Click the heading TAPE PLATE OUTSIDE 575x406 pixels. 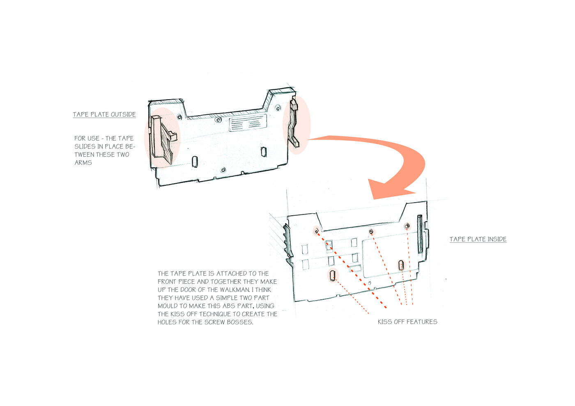coord(104,114)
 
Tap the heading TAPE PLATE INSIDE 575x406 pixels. coord(478,239)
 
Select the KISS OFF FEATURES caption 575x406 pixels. coord(407,322)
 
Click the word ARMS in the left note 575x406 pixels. coord(83,162)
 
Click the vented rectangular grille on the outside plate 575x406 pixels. coord(248,123)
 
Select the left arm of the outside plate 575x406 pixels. coord(163,140)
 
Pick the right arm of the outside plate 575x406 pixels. coord(293,123)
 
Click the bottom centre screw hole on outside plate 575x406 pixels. coord(223,170)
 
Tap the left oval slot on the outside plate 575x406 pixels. coord(195,162)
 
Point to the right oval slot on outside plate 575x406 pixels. coord(264,151)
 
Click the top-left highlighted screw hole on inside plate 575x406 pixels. coord(317,231)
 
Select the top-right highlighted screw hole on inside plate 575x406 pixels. coord(407,226)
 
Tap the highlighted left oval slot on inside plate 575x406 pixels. coord(333,275)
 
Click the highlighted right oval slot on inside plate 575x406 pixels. coord(401,265)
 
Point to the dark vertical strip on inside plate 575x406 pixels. coord(420,234)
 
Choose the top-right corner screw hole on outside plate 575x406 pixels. coord(278,108)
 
